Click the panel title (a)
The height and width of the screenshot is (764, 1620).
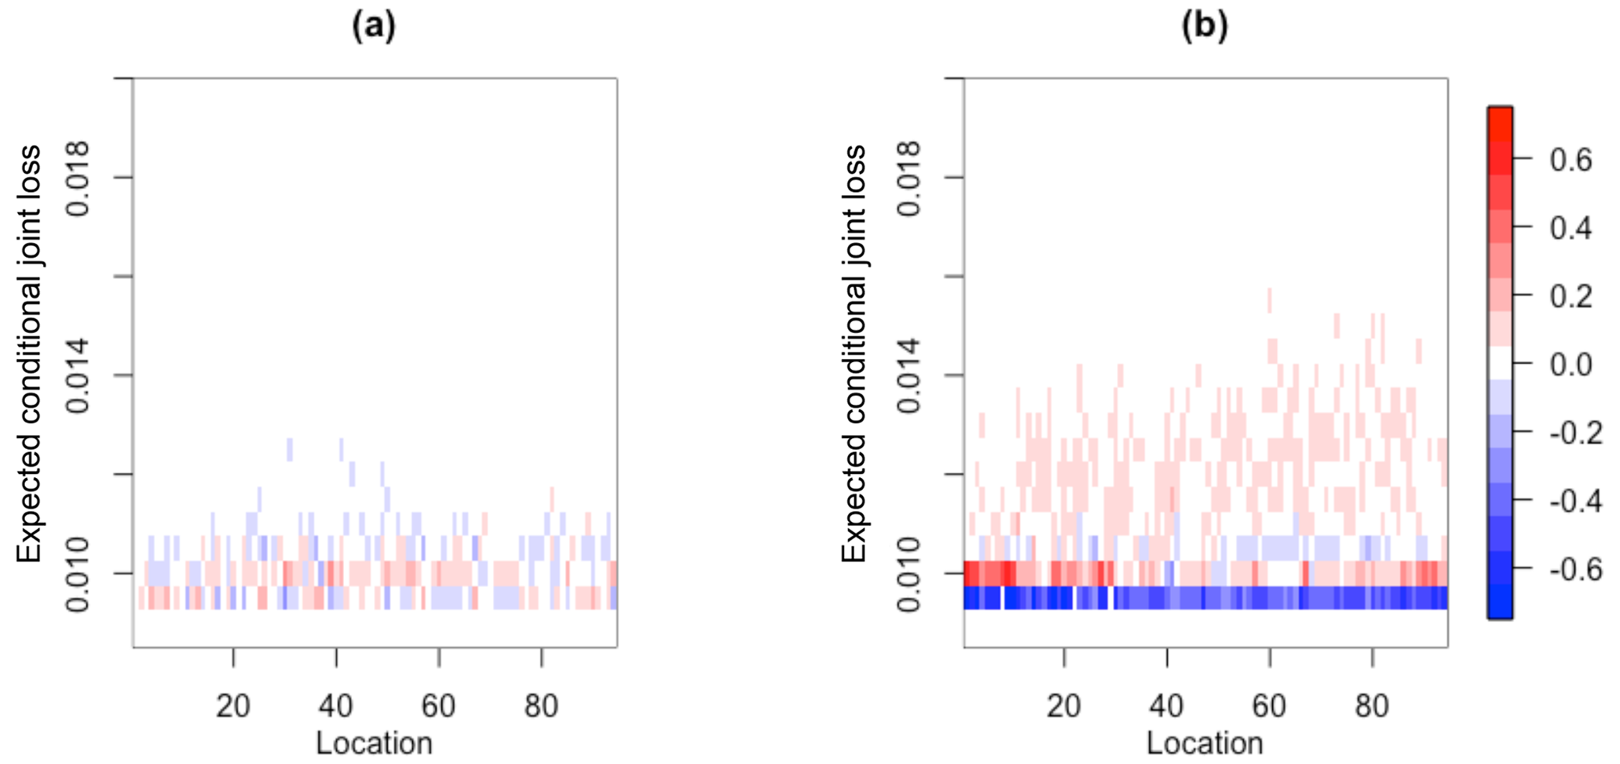pos(374,27)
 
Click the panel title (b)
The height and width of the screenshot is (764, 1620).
pos(1205,27)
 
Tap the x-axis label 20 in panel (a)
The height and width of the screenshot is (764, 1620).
pos(233,706)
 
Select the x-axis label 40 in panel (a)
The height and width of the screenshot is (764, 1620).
pos(335,706)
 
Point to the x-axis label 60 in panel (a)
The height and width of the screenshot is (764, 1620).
pos(438,706)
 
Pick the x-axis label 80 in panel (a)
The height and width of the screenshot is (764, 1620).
pos(541,706)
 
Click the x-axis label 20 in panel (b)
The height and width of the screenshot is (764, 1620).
pos(1064,706)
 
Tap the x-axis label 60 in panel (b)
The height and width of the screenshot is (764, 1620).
pos(1269,706)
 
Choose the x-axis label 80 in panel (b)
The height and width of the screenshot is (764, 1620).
pos(1372,706)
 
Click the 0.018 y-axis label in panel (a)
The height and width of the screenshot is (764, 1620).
pos(78,178)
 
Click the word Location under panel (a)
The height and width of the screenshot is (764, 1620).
pos(374,743)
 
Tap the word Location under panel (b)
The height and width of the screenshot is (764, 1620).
pos(1205,743)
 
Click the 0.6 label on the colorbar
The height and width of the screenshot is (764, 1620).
pos(1571,160)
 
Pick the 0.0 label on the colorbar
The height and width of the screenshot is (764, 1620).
pos(1571,364)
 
